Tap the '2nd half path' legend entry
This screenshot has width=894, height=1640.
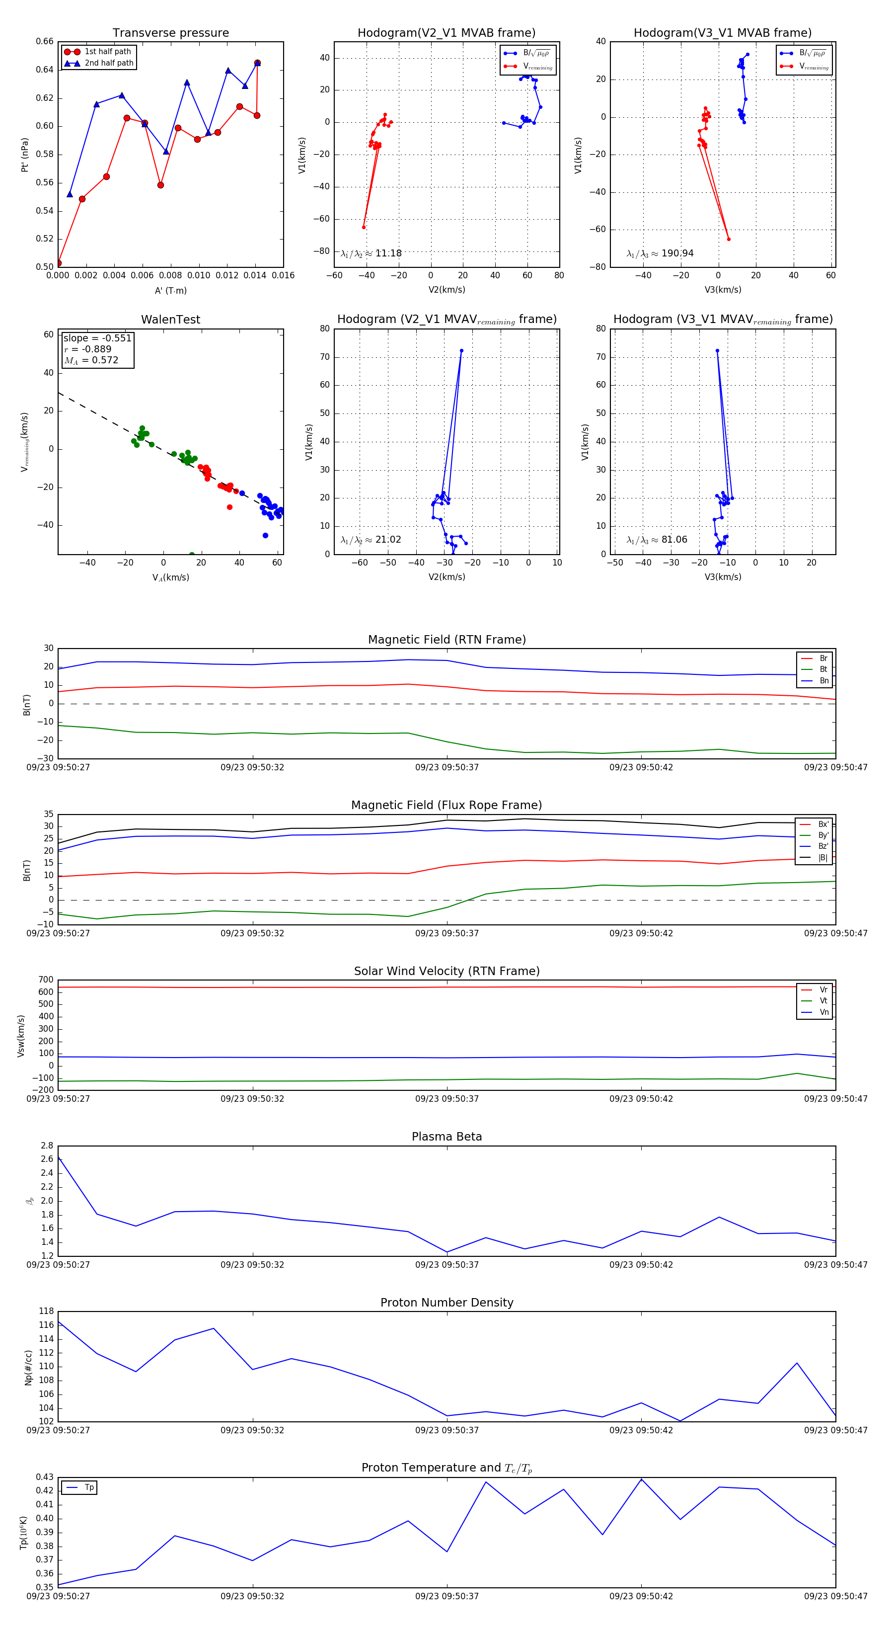point(109,63)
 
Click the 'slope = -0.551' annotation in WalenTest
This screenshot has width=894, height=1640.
point(97,338)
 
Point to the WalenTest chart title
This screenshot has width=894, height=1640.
point(170,320)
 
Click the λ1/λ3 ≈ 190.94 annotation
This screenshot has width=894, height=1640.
point(660,253)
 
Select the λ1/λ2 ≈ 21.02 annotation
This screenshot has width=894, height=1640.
point(371,540)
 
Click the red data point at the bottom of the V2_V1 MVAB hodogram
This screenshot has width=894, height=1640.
point(364,227)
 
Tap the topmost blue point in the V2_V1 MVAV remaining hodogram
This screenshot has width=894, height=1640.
point(461,351)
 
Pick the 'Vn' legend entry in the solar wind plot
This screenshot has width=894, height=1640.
point(824,1012)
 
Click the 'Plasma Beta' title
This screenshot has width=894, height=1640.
point(447,1137)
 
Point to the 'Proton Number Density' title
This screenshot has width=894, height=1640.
point(447,1303)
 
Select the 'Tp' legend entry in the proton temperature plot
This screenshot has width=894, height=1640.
point(89,1488)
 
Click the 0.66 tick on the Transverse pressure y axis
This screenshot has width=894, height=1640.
point(45,41)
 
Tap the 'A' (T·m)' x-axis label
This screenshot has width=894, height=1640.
point(170,291)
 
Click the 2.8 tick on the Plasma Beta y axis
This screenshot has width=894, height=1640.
point(47,1146)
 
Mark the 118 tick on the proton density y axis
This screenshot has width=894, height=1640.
point(46,1312)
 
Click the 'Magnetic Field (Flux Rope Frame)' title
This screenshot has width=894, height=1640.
point(447,806)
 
